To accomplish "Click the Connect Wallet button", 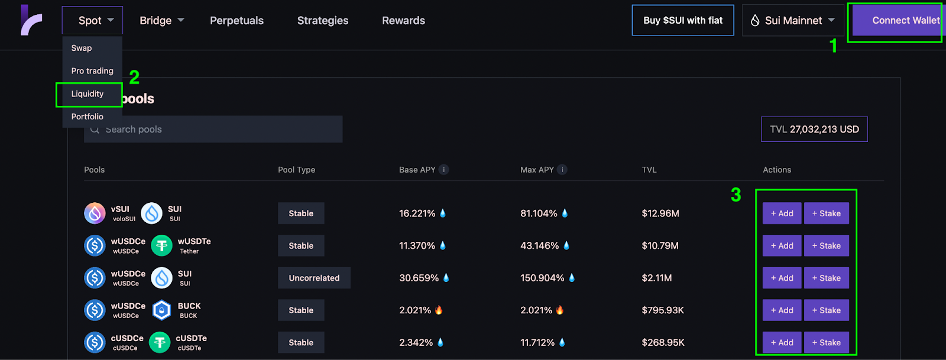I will coord(898,21).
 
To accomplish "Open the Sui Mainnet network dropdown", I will coord(793,21).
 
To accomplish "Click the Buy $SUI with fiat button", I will coord(683,21).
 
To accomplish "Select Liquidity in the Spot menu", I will coord(88,94).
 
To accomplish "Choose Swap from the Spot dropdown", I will coord(82,48).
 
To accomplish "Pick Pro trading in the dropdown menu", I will coord(92,71).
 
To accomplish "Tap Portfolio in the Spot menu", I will coord(88,116).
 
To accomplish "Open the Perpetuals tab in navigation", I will coord(237,21).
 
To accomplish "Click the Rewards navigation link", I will coord(403,21).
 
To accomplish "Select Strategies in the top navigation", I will coord(323,21).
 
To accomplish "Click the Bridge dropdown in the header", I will coord(161,21).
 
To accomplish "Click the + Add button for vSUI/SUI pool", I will coord(782,213).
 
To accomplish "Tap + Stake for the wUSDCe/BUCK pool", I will coord(826,310).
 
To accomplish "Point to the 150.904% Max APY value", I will coord(542,278).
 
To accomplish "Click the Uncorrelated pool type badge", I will coord(314,278).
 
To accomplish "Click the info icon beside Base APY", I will coord(444,170).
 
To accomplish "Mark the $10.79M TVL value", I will coord(660,246).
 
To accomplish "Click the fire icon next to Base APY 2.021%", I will coord(439,310).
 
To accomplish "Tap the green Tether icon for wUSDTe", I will coord(161,246).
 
